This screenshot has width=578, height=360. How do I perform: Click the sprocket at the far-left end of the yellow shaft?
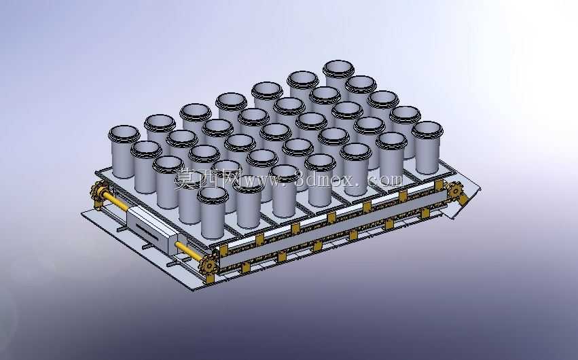(98, 192)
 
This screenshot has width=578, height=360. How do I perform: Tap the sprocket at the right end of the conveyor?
(455, 191)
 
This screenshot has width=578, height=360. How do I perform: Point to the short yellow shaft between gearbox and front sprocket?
(189, 251)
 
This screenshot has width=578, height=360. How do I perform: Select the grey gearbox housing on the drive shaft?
(152, 229)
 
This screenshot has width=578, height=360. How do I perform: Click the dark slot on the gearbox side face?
(147, 232)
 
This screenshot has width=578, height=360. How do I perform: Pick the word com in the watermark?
(385, 179)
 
